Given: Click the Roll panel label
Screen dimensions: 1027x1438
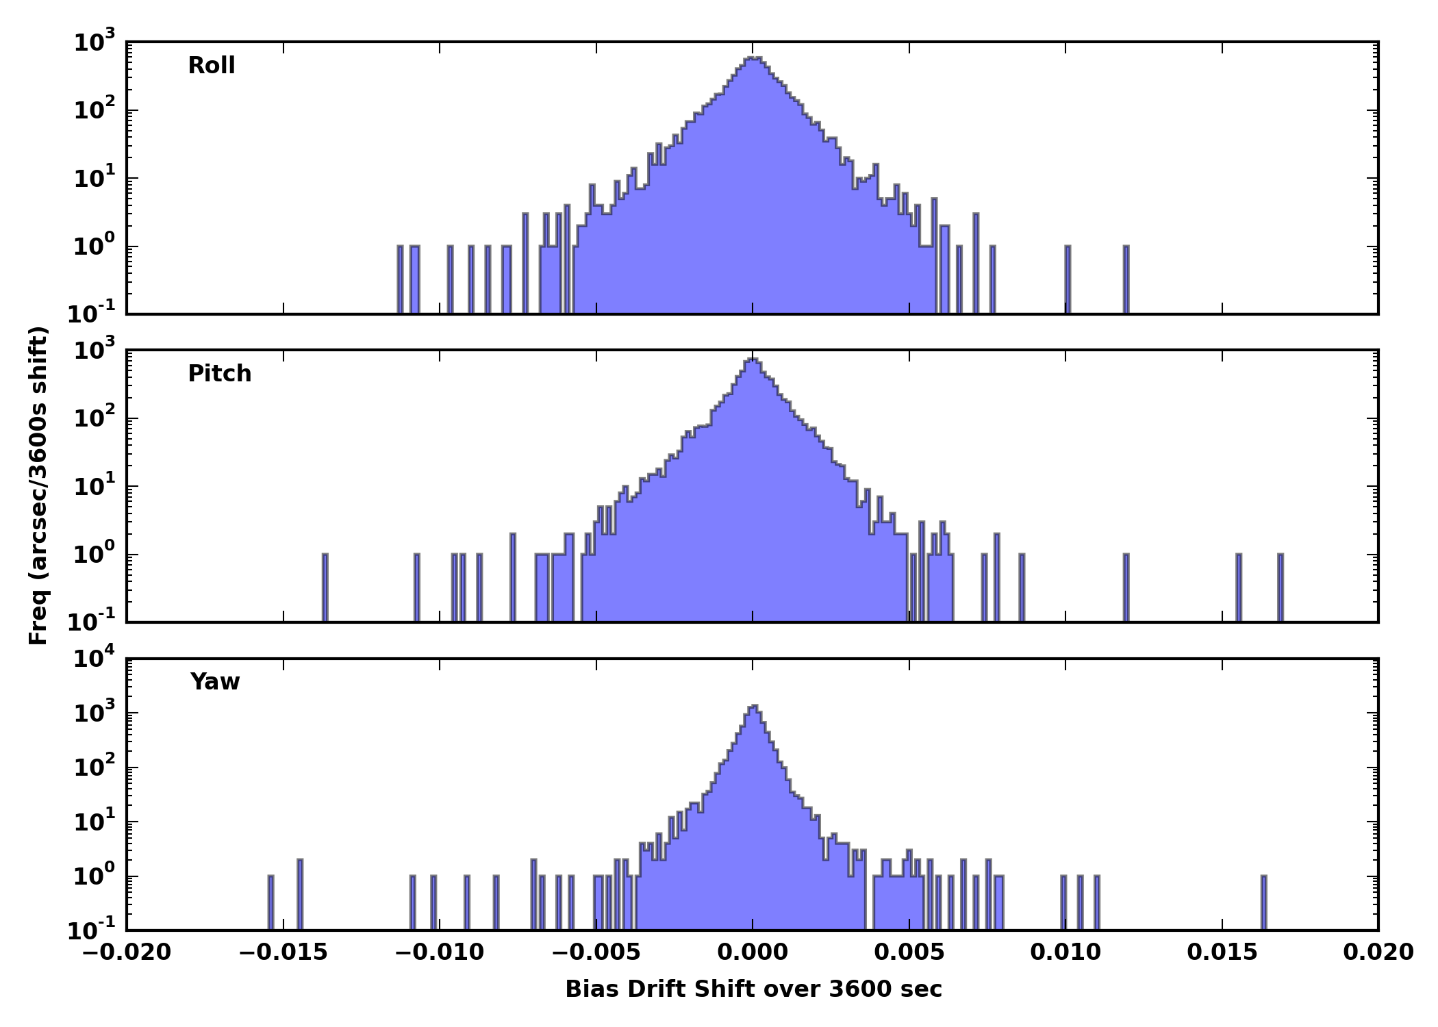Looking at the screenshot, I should tap(212, 66).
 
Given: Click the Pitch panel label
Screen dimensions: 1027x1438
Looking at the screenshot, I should tap(220, 374).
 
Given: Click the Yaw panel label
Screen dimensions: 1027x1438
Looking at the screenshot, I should tap(215, 682).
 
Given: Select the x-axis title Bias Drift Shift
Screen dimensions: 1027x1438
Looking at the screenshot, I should tap(753, 989).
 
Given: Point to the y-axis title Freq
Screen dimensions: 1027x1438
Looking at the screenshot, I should tap(39, 486).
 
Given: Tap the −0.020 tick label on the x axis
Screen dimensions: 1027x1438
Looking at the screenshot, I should tap(127, 952).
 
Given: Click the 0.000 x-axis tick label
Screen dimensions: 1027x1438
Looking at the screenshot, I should tap(753, 952).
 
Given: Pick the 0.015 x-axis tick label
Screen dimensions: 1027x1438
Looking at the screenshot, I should tap(1222, 952).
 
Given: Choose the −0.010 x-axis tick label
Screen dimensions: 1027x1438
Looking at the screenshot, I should tap(440, 952).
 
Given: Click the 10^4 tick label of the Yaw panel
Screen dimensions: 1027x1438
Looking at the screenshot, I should tap(95, 659).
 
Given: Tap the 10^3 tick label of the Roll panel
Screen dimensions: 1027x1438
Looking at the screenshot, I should tap(95, 43).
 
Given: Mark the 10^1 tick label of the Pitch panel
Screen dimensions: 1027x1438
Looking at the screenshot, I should tap(95, 487).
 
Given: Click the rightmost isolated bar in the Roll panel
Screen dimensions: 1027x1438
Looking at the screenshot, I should tap(1126, 279).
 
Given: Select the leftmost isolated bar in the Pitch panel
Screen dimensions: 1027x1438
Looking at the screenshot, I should tap(325, 587).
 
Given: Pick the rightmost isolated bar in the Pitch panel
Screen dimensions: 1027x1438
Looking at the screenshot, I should tap(1281, 587).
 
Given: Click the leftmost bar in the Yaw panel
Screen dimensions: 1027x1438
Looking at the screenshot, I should tap(270, 902).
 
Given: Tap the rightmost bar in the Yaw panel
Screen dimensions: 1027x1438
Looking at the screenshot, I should tap(1264, 902).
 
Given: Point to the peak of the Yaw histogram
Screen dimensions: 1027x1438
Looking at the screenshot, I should tap(753, 707).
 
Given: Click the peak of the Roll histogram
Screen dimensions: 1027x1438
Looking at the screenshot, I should tap(753, 59).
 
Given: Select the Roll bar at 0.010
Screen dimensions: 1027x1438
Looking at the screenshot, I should tap(1068, 279).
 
